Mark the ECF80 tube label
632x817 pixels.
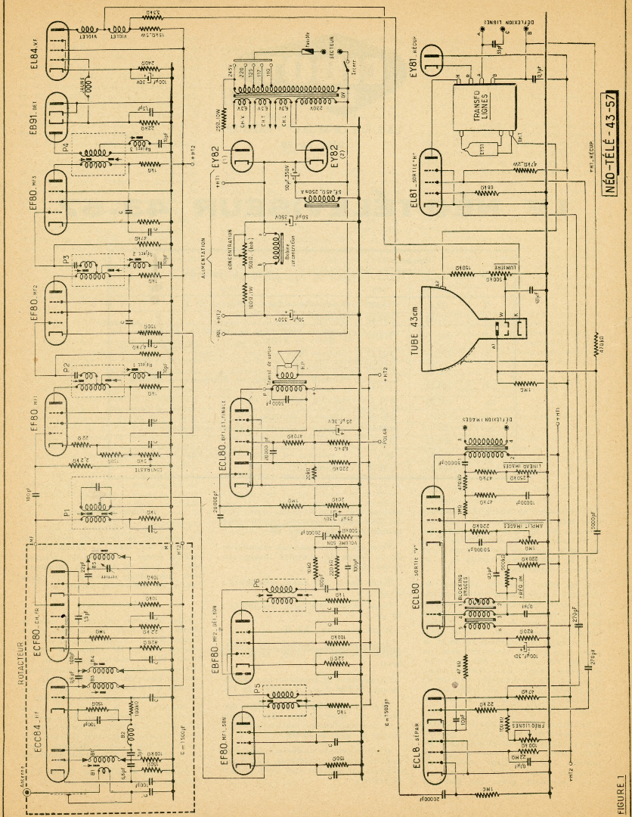(36, 598)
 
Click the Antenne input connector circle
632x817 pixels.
(31, 794)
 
